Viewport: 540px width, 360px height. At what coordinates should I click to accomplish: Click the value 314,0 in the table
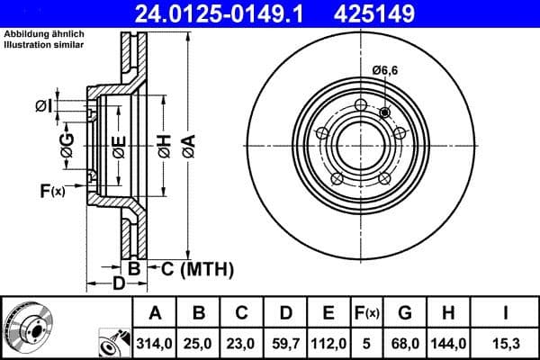(155, 342)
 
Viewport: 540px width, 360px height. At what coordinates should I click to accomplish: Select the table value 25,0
(199, 342)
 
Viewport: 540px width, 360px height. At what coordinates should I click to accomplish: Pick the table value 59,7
(284, 342)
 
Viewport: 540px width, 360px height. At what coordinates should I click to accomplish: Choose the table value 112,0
(328, 342)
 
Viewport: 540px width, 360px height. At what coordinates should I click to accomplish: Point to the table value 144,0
(447, 342)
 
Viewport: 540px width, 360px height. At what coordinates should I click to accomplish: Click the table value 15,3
(505, 342)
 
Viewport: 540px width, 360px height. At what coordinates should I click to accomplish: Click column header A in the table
(155, 313)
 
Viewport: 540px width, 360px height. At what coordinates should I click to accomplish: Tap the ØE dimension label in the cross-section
(119, 146)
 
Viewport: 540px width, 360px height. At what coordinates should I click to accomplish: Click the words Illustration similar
(44, 44)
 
